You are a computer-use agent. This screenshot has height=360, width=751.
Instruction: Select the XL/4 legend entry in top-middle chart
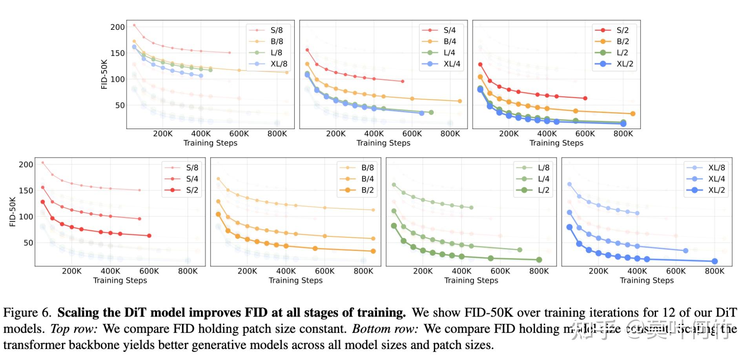coord(452,64)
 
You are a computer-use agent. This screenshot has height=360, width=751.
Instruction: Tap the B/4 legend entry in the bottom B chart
coord(367,179)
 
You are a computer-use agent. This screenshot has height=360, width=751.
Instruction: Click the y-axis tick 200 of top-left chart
coord(117,27)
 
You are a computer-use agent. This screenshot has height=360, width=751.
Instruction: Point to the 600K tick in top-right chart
coord(585,134)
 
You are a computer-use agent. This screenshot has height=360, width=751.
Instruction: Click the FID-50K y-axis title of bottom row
coord(13,212)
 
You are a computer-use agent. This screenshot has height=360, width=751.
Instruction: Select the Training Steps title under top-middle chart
coord(383,143)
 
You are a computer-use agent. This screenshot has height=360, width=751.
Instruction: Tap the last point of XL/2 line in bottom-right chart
coord(715,261)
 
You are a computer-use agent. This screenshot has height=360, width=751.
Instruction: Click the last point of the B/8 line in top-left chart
coord(287,73)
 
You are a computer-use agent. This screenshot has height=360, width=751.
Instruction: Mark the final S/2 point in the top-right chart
coord(585,98)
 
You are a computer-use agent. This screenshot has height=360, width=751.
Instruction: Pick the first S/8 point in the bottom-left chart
coord(43,163)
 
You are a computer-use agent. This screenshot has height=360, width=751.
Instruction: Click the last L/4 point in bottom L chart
coord(520,250)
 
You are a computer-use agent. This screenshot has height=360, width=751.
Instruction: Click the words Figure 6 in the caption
coord(27,313)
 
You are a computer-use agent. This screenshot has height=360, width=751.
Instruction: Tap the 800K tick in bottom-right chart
coord(715,271)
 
